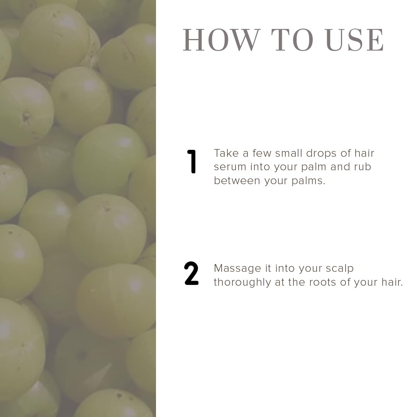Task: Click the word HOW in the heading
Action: (x=221, y=40)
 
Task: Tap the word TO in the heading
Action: (x=292, y=40)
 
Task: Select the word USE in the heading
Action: (x=355, y=40)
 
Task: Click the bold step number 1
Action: (x=192, y=161)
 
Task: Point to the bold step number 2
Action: (x=191, y=273)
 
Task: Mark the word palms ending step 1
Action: (x=308, y=181)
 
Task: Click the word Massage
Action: (x=237, y=269)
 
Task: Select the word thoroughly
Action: (x=242, y=283)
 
